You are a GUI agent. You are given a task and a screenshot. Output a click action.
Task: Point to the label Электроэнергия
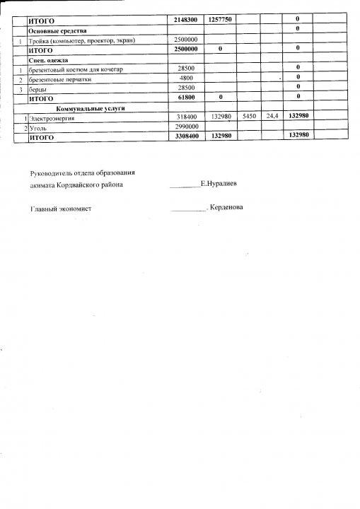coord(54,119)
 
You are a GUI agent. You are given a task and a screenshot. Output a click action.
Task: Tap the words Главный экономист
coord(61,209)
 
